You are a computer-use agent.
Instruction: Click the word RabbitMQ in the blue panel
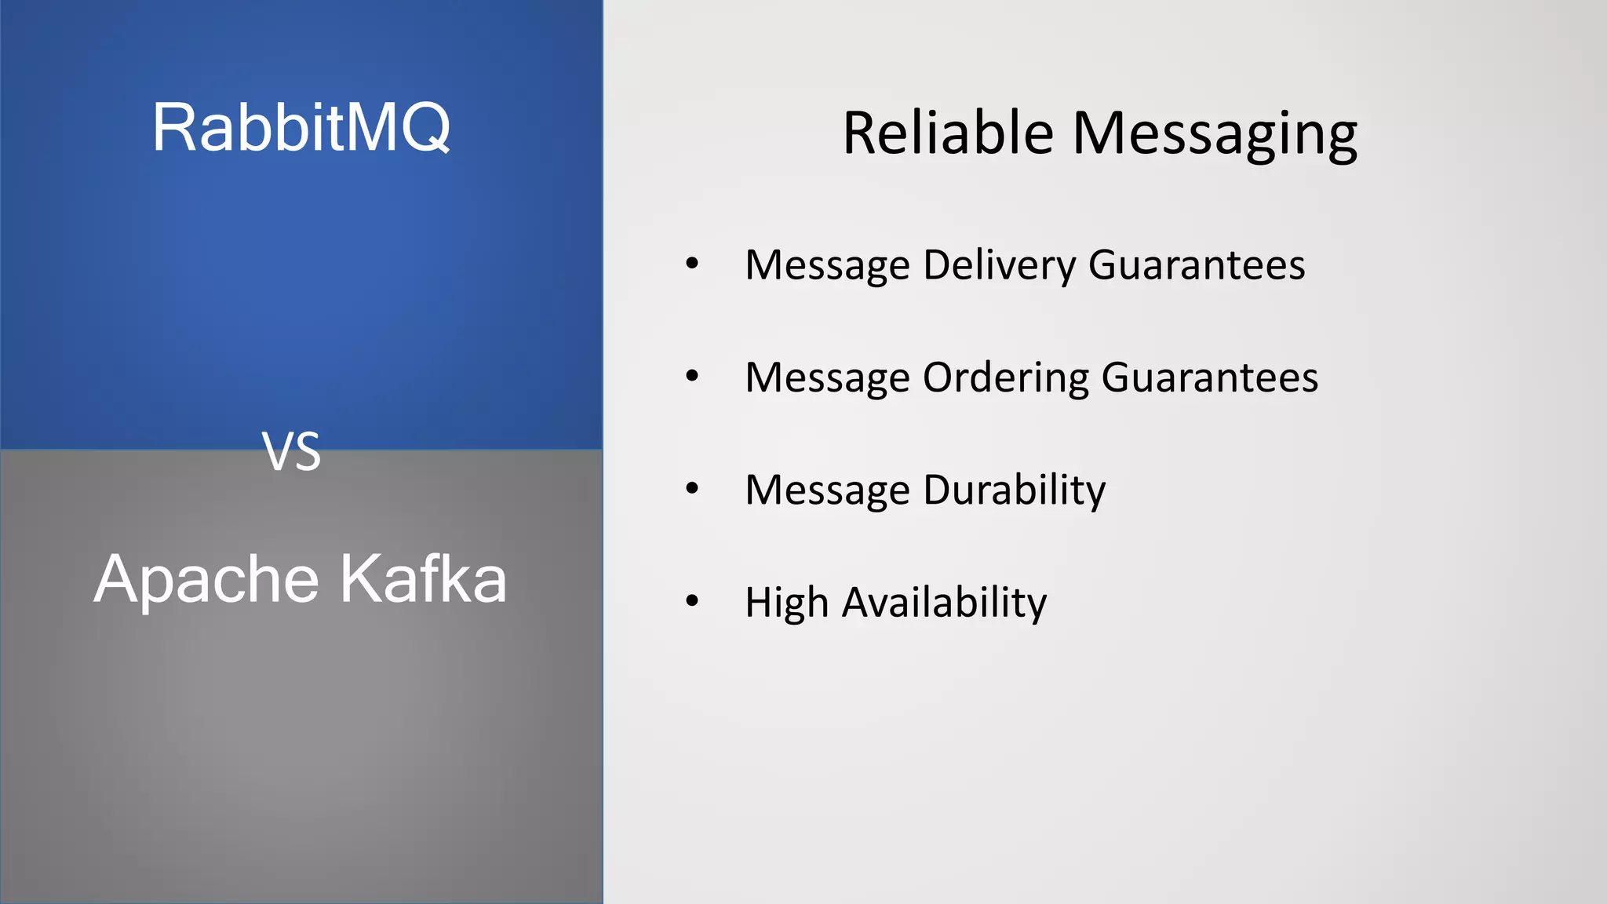tap(301, 127)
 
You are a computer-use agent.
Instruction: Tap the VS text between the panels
tap(291, 452)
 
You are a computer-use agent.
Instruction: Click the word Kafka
tap(424, 579)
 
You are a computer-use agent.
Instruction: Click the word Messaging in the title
tap(1215, 135)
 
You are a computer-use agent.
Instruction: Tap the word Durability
tap(1015, 490)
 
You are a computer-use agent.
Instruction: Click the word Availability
tap(944, 603)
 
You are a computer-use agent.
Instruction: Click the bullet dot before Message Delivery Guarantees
tap(691, 264)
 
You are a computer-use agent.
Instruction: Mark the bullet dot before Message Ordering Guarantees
tap(691, 376)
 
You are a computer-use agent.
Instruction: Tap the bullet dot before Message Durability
tap(691, 488)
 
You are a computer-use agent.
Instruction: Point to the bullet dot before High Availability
tap(691, 601)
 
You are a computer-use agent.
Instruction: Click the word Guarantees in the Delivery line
tap(1197, 264)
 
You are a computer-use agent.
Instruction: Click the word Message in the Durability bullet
tap(827, 490)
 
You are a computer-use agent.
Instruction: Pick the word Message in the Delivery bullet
tap(827, 265)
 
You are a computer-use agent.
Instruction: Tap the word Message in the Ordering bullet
tap(827, 378)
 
